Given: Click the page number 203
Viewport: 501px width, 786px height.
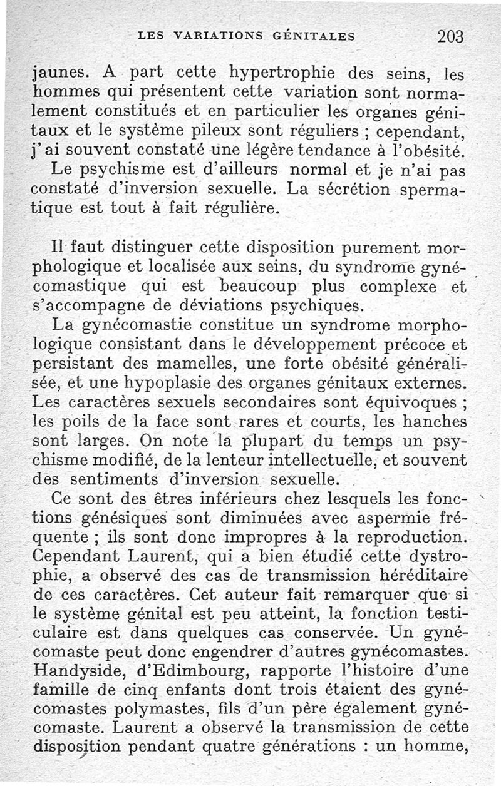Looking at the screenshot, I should point(450,36).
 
